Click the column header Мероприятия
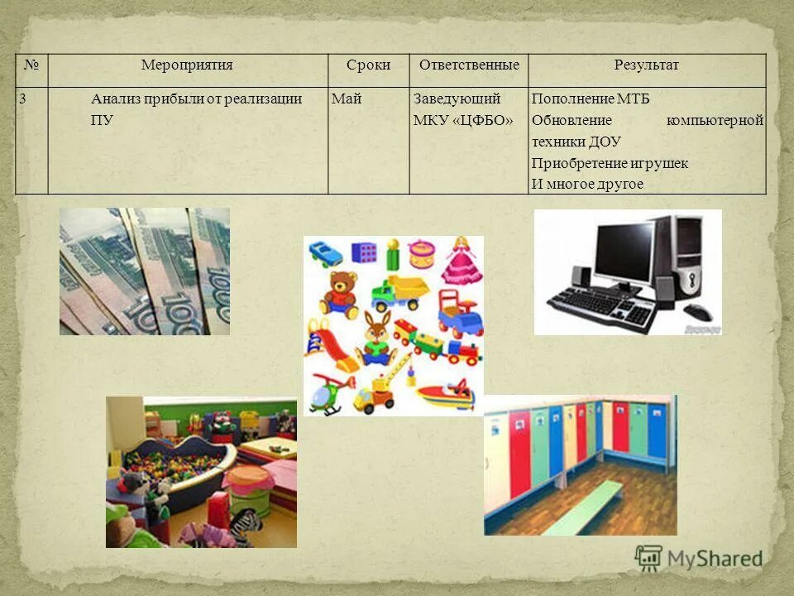point(187,65)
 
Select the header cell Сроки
point(369,65)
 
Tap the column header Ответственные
point(469,65)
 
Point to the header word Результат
point(646,65)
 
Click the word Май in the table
point(347,99)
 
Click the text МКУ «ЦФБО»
point(463,121)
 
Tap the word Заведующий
point(457,99)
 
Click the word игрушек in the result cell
point(658,163)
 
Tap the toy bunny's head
point(378,329)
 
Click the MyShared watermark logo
point(699,558)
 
